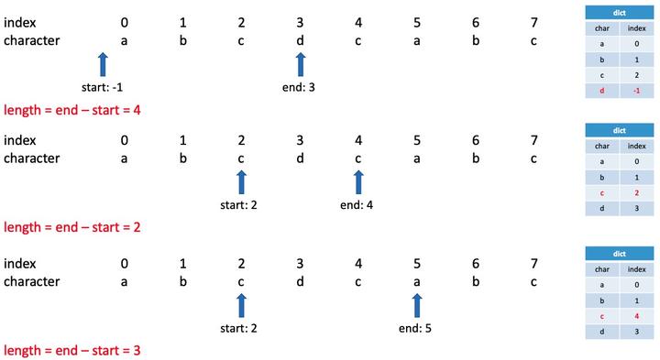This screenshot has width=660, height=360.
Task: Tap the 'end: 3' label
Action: click(300, 88)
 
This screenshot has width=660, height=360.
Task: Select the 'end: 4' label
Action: click(357, 205)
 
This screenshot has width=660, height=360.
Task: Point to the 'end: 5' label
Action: click(416, 328)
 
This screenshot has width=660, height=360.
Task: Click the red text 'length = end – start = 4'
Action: click(71, 109)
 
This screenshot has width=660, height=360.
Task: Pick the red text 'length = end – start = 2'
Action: click(71, 226)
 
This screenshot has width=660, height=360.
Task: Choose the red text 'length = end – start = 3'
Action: click(71, 350)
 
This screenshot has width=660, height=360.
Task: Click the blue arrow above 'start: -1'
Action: click(103, 64)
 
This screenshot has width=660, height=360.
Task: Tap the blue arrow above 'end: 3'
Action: click(300, 64)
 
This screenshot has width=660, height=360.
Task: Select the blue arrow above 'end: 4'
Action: click(358, 181)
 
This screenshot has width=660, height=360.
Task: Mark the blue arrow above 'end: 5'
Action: click(417, 305)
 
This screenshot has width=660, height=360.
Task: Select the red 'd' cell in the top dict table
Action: click(602, 89)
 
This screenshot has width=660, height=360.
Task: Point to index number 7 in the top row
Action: click(534, 22)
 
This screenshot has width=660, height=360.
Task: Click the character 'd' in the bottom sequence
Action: click(300, 281)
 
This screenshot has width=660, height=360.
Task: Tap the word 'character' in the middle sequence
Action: click(32, 158)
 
